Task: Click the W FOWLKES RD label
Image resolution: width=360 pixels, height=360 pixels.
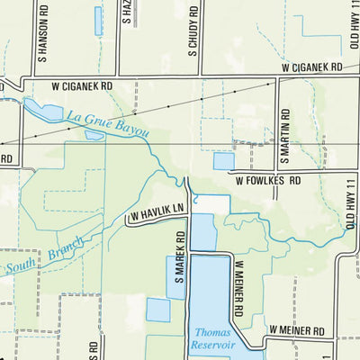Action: coord(268,179)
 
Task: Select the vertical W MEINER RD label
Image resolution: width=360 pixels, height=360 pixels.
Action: coord(240,287)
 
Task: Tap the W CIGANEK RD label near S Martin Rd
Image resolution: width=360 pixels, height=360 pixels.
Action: coord(311,67)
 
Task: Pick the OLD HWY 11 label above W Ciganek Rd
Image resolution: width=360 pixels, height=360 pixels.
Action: coord(354,27)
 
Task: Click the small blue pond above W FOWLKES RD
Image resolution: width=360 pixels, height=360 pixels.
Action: coord(223,161)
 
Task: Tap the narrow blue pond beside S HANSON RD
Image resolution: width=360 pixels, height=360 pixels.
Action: coord(97,21)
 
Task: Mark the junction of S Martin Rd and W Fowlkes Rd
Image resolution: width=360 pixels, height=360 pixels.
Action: coord(277,171)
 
